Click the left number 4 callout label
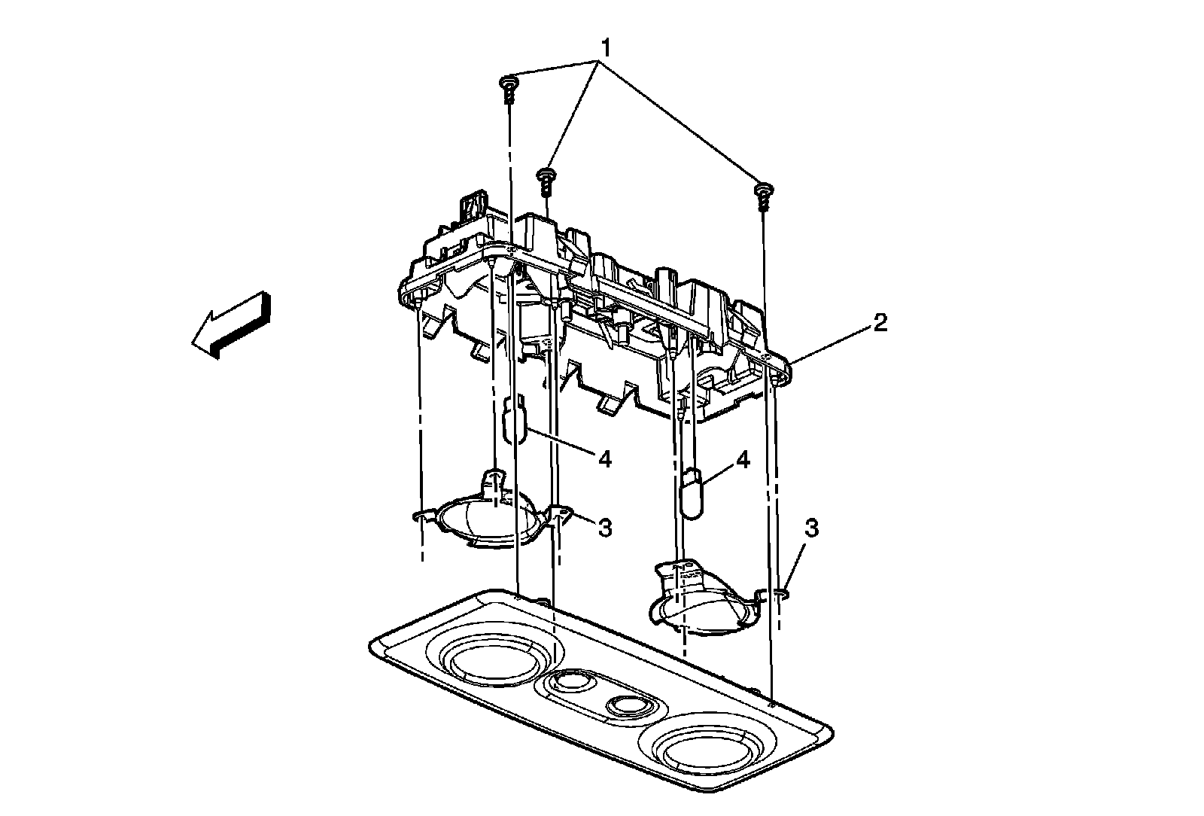click(604, 458)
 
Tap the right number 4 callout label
click(743, 460)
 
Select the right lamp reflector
click(701, 601)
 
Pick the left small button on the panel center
click(570, 683)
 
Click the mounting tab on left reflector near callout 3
click(561, 514)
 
